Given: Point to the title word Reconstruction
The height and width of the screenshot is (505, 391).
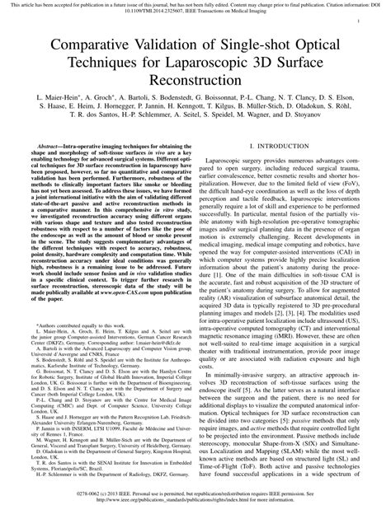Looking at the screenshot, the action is pyautogui.click(x=195, y=83).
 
